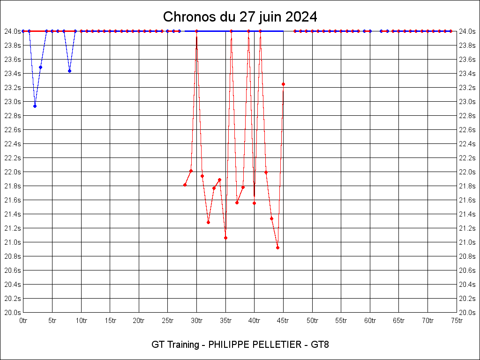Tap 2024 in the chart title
[301, 17]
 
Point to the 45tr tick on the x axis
[283, 321]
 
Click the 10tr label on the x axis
[81, 321]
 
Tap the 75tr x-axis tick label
[457, 321]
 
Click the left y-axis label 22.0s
[13, 172]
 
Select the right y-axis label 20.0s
[468, 312]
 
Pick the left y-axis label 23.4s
[13, 74]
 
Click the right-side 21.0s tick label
[468, 242]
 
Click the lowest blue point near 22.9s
[35, 106]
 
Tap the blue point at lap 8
[69, 71]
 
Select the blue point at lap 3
[40, 67]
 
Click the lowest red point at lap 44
[277, 247]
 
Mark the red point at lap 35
[225, 238]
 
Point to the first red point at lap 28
[185, 185]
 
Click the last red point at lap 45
[283, 84]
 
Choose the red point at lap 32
[208, 222]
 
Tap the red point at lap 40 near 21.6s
[254, 203]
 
